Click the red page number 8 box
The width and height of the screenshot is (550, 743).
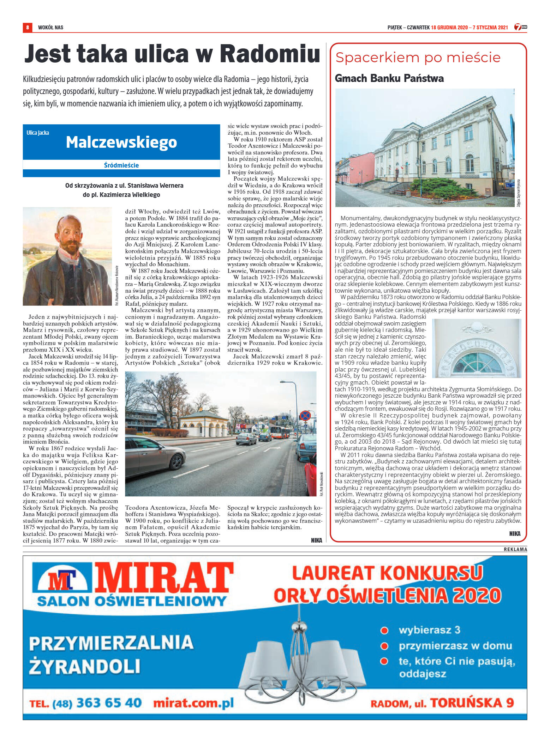tap(27, 27)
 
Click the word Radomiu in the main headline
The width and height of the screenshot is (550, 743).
tap(270, 54)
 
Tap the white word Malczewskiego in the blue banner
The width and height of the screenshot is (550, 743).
tap(121, 142)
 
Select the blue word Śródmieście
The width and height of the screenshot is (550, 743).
tap(121, 165)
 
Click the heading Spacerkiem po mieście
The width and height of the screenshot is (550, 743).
tap(418, 57)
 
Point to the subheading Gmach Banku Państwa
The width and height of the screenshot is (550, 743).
tap(389, 78)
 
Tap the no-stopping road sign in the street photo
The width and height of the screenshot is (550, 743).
tap(305, 416)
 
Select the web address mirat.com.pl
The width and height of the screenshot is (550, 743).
tap(193, 703)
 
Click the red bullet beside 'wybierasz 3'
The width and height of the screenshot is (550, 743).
tap(384, 630)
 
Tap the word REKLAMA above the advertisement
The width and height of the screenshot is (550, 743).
tap(515, 549)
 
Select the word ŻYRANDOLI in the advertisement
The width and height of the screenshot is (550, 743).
tap(85, 666)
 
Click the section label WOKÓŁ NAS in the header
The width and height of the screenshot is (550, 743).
tap(50, 27)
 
